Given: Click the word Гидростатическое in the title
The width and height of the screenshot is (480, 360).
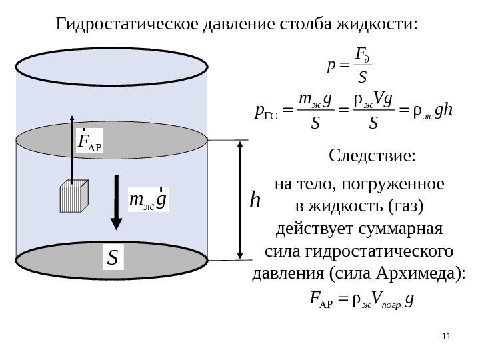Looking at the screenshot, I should pos(118,25).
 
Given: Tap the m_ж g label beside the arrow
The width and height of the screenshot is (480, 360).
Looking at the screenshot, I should pos(148,199).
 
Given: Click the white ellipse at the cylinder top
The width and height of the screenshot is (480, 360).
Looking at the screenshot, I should pos(112,64).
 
